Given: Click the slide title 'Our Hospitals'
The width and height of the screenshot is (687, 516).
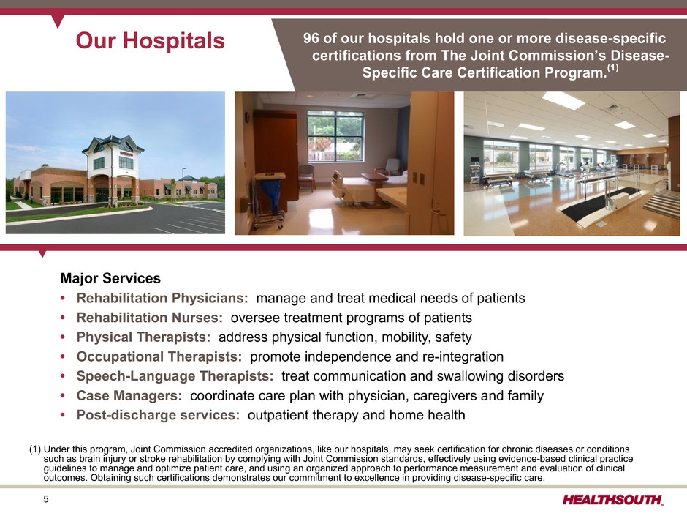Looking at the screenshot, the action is pyautogui.click(x=150, y=41).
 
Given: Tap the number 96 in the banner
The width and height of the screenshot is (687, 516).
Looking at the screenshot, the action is pyautogui.click(x=311, y=39).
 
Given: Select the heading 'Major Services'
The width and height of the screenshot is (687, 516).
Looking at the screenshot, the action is pyautogui.click(x=110, y=278).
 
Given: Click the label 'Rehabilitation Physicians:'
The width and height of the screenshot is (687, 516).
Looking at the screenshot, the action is pyautogui.click(x=162, y=299).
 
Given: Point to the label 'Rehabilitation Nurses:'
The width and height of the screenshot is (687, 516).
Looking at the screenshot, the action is pyautogui.click(x=150, y=318).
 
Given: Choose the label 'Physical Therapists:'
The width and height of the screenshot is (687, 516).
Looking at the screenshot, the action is pyautogui.click(x=144, y=337).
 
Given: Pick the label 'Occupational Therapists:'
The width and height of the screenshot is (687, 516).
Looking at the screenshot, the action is pyautogui.click(x=159, y=356).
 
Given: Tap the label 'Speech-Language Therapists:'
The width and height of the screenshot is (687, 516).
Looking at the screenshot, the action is pyautogui.click(x=175, y=376).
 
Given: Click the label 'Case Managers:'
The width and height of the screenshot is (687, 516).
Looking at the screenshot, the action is pyautogui.click(x=129, y=396).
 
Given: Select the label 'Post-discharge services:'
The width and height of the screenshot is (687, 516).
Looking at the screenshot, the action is pyautogui.click(x=158, y=415).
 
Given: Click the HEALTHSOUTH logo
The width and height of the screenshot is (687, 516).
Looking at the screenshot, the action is pyautogui.click(x=613, y=499).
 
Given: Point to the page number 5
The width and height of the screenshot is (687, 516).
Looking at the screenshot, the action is pyautogui.click(x=46, y=499).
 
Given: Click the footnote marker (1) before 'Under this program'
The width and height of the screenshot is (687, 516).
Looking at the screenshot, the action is pyautogui.click(x=35, y=449).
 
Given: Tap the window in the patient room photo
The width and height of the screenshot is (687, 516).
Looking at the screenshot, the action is pyautogui.click(x=335, y=136).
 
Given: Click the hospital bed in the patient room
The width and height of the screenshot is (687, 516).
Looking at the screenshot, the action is pyautogui.click(x=360, y=189).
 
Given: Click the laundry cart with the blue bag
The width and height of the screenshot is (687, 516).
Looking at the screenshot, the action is pyautogui.click(x=268, y=200).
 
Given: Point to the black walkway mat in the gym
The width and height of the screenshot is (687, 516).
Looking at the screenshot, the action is pyautogui.click(x=600, y=204).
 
